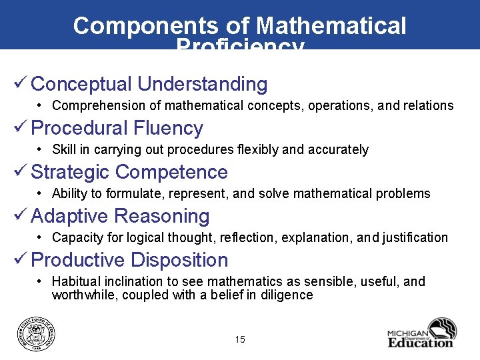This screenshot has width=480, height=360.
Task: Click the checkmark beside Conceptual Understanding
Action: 20,83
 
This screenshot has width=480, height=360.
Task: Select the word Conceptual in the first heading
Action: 81,84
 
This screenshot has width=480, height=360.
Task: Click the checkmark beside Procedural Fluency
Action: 20,127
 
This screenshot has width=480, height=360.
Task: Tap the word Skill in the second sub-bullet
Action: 64,149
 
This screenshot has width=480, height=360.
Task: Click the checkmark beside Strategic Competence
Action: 20,171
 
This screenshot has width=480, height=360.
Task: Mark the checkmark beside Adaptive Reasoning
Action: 20,215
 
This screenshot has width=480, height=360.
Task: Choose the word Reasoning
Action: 162,216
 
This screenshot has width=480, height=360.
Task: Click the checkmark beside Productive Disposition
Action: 20,259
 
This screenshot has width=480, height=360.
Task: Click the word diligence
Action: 286,295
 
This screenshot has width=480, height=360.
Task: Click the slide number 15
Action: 240,340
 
